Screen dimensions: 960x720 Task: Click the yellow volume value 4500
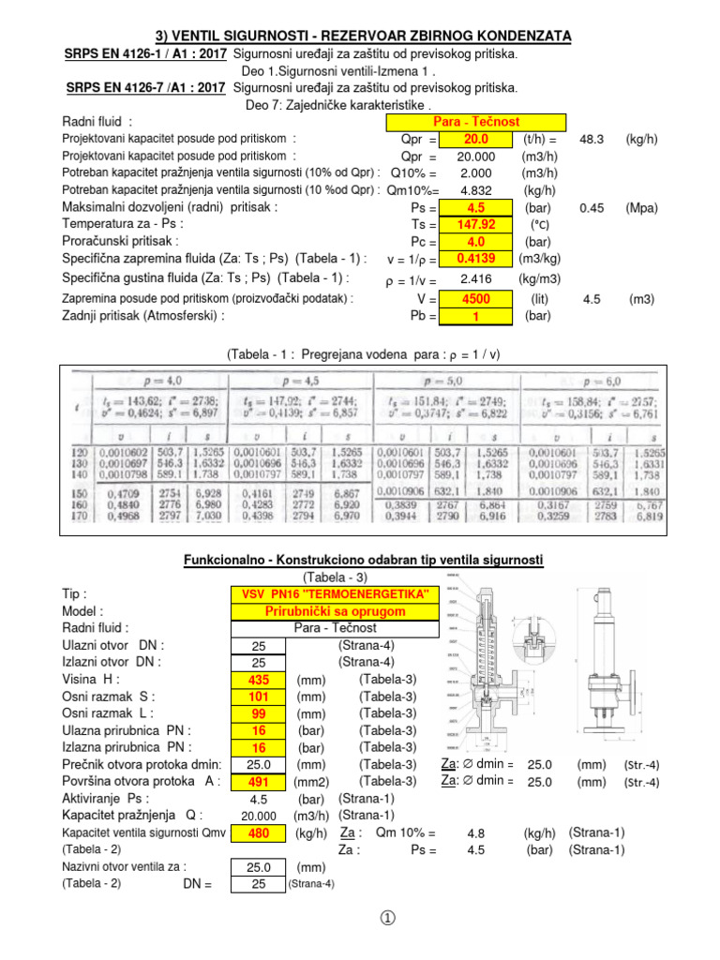(x=476, y=299)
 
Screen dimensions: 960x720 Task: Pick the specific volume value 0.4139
(x=476, y=258)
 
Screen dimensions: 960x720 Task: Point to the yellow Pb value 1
(x=476, y=316)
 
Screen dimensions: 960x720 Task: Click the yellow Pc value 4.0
(x=476, y=241)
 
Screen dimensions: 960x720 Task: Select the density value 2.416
(x=476, y=278)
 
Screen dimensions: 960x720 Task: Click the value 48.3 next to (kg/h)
(x=592, y=139)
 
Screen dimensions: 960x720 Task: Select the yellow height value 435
(x=259, y=679)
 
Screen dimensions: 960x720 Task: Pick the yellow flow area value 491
(x=259, y=781)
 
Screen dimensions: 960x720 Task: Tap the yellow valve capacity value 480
(x=259, y=832)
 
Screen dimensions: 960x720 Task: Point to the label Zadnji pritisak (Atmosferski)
(x=143, y=316)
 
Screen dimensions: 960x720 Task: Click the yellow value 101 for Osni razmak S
(x=259, y=696)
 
